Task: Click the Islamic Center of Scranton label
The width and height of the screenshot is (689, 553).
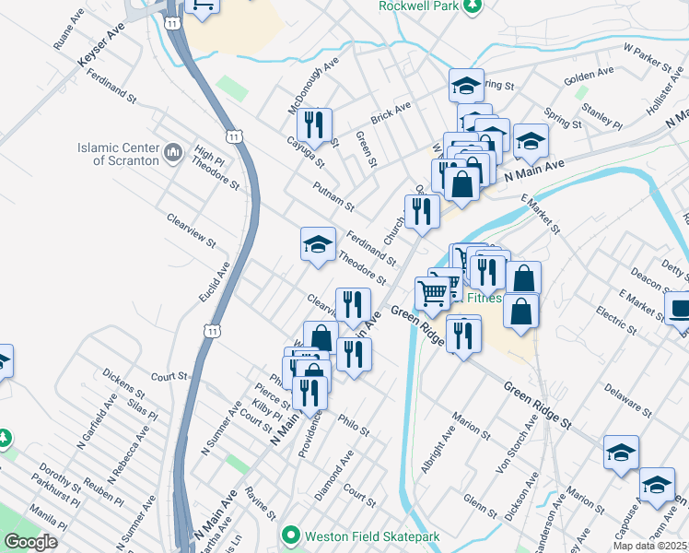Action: click(x=117, y=153)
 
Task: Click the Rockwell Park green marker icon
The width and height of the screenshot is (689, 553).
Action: click(x=473, y=6)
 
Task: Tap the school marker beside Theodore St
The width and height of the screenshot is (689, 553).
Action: click(x=318, y=244)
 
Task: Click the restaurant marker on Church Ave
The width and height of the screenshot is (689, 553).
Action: click(x=422, y=212)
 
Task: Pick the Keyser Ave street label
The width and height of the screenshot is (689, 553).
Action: click(x=101, y=45)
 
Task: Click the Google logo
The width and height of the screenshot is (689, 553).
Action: click(x=29, y=542)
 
